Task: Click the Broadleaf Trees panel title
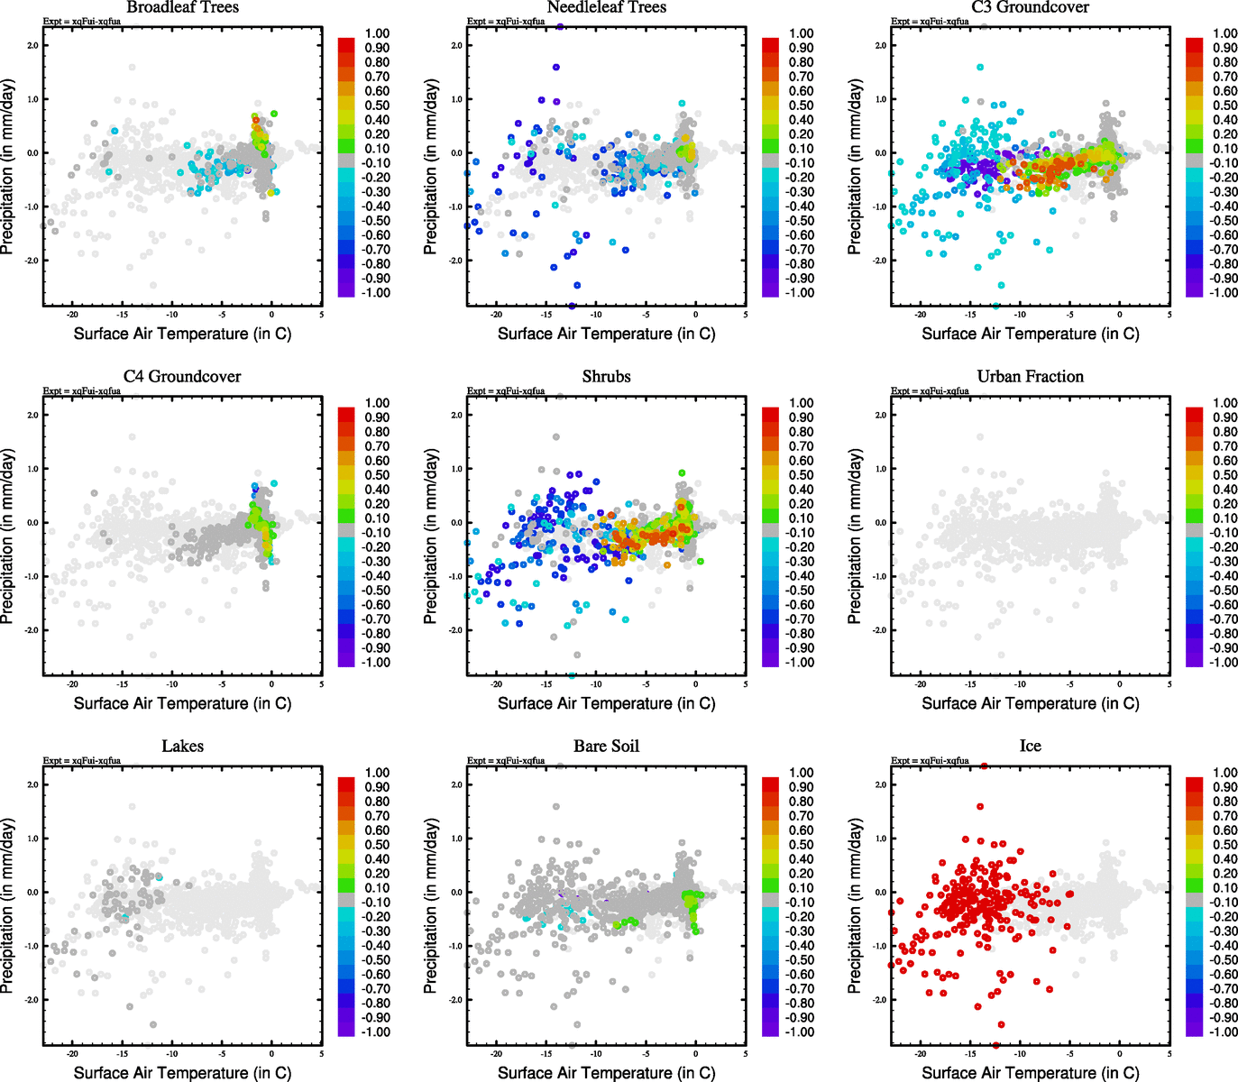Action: (x=182, y=7)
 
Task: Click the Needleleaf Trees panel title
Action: (x=606, y=7)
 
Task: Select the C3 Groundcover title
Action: (x=1030, y=7)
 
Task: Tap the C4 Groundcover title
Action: (x=182, y=376)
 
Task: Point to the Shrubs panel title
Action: (x=606, y=376)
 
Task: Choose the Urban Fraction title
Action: (x=1030, y=376)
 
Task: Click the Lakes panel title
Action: (x=182, y=746)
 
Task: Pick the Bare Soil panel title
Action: (x=606, y=746)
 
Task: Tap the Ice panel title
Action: (x=1030, y=746)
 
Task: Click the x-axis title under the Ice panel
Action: (x=1030, y=1072)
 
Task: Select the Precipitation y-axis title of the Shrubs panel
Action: (x=431, y=536)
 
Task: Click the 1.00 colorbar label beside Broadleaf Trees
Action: (x=377, y=33)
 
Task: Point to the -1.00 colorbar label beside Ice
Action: (x=1224, y=1032)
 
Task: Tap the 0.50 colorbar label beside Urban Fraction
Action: (x=1224, y=475)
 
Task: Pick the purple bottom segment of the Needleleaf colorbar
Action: (x=770, y=289)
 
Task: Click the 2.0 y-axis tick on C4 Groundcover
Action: (x=32, y=415)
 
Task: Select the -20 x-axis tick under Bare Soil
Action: (x=496, y=1053)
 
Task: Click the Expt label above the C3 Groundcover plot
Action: (x=930, y=21)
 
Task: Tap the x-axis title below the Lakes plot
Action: (x=182, y=1072)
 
